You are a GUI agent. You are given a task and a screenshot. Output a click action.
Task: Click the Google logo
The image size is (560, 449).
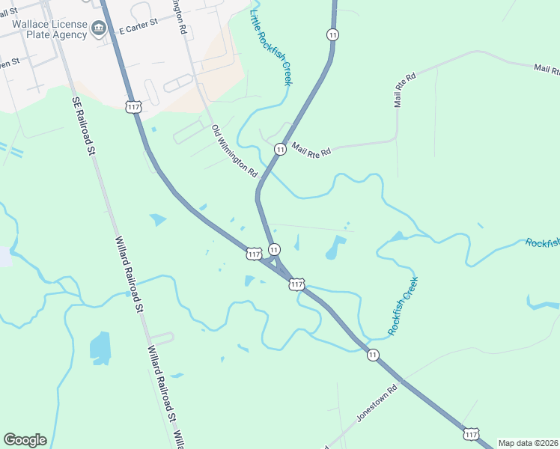[25, 440]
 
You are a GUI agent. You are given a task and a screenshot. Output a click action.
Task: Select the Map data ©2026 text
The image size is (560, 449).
[527, 443]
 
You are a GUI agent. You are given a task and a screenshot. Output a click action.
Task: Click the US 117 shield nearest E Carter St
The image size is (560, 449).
[134, 107]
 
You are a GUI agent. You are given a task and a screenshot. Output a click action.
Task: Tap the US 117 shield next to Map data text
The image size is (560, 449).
[470, 434]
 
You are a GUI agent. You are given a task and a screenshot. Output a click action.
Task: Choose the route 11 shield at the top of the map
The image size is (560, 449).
[332, 34]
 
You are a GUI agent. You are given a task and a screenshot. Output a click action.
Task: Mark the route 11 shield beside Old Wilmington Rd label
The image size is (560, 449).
[279, 150]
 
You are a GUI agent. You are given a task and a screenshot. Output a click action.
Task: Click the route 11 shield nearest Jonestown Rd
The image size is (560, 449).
[373, 355]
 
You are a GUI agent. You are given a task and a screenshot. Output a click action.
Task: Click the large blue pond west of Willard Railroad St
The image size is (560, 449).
[100, 348]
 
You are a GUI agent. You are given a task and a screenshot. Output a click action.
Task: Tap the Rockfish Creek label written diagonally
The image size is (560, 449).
[403, 305]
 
